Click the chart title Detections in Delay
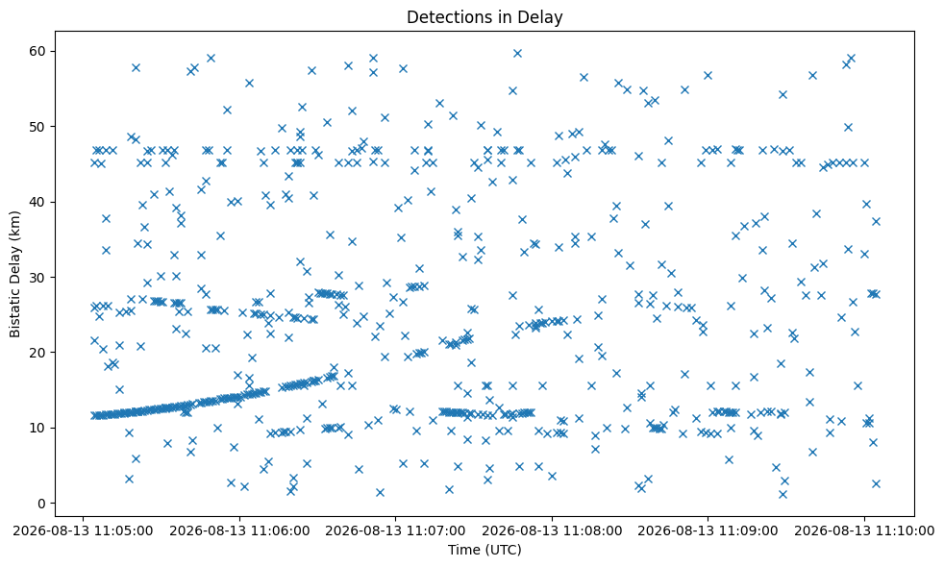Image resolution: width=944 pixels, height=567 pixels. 484,17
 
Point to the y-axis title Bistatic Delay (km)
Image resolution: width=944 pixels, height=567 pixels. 15,274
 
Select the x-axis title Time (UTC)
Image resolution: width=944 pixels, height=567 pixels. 484,550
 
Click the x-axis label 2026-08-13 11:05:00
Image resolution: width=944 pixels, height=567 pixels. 83,531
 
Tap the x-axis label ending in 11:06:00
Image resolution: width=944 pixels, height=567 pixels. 239,531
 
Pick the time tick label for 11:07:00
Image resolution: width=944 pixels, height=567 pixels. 395,531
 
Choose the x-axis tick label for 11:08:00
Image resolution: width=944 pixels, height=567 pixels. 552,531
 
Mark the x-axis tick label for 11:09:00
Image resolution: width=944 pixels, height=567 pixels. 708,531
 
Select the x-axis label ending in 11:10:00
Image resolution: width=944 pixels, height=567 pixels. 864,531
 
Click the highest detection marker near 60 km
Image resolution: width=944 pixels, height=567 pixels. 517,54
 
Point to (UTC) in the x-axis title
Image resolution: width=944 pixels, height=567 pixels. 505,550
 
